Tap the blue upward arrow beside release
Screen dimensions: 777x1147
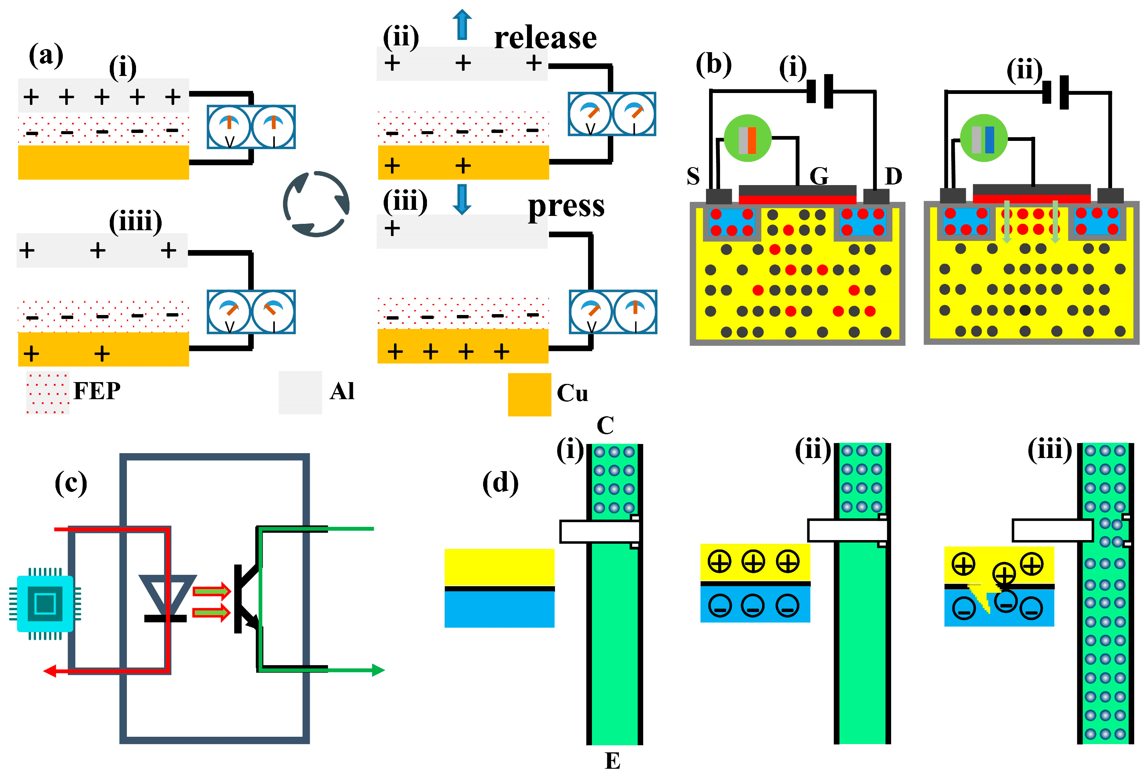click(462, 25)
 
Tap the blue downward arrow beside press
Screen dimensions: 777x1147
click(462, 199)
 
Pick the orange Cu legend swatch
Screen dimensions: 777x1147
click(529, 394)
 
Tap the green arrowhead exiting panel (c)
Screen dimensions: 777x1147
click(378, 670)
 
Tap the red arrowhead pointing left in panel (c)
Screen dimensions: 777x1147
click(50, 670)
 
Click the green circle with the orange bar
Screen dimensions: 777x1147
click(747, 138)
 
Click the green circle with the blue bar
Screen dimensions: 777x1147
click(983, 138)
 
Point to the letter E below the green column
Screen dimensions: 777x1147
click(612, 761)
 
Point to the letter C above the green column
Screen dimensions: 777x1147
click(605, 425)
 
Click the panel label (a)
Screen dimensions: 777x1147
click(46, 55)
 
